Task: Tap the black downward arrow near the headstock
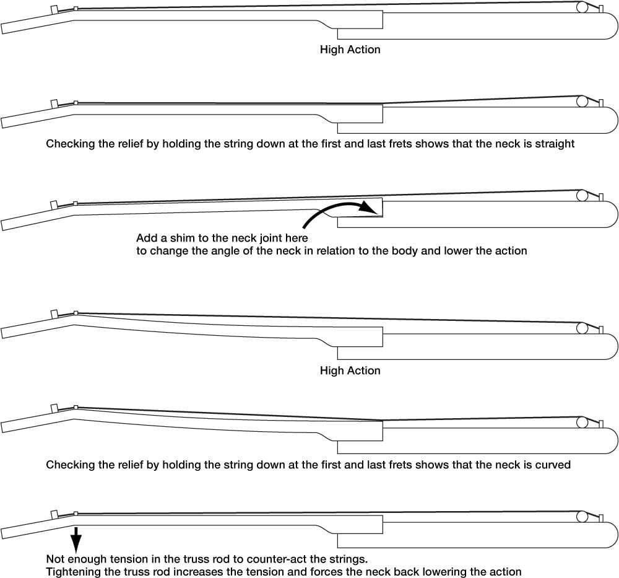(x=76, y=539)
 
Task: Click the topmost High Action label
(x=350, y=50)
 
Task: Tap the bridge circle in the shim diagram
(x=582, y=195)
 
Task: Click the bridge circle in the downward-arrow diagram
(x=582, y=517)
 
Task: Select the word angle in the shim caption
(x=226, y=251)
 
